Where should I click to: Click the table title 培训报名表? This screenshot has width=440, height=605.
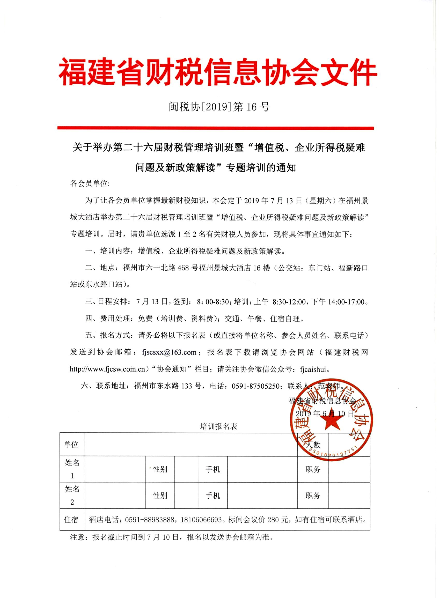click(x=218, y=426)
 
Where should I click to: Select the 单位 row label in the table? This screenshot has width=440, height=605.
click(x=71, y=444)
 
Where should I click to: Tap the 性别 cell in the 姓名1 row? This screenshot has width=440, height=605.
click(x=160, y=469)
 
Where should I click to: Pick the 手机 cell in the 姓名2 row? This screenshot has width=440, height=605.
click(x=213, y=496)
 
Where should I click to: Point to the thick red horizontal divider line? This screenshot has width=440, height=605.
click(x=215, y=128)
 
